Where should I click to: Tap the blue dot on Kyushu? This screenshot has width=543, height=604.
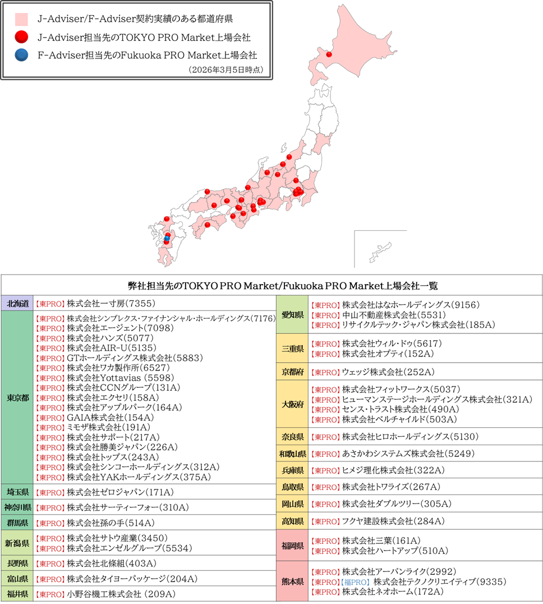167,239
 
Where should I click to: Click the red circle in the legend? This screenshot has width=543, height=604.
21,38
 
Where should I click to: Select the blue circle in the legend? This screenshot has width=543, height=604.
21,56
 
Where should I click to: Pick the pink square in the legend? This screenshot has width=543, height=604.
21,19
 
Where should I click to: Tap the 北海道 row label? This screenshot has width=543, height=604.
17,304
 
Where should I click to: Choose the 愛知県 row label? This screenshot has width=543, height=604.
293,315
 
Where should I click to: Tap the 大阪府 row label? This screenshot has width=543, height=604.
293,404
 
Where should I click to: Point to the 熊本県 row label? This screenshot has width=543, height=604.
293,582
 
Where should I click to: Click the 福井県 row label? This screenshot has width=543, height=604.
17,593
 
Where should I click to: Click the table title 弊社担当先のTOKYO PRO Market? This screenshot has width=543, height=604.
271,286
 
